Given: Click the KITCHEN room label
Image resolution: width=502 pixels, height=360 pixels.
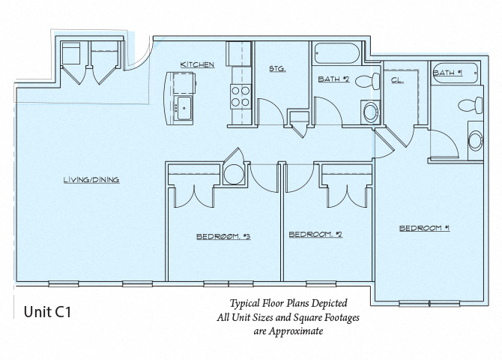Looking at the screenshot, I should point(197,64).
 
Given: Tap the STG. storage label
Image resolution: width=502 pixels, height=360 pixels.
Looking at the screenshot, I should point(277,69).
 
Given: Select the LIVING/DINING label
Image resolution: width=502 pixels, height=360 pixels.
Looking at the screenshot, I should point(92,179).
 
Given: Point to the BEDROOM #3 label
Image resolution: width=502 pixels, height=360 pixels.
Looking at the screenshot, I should point(223,236).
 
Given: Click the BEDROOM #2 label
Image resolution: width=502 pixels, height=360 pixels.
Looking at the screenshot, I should point(315,235).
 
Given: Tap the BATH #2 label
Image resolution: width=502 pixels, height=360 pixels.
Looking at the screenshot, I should point(334,78).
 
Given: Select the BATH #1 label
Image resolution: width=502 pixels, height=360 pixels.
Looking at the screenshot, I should point(447,72).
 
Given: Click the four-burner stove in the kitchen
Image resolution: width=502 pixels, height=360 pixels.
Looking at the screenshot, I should point(240,97).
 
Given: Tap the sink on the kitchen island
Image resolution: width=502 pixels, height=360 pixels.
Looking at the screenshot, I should point(182,107).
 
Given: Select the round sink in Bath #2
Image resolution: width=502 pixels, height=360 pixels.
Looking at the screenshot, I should point(369,113).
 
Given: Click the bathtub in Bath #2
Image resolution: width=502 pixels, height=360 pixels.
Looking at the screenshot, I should point(337,55).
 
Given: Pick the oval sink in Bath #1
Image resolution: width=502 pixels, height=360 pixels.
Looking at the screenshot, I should point(474,139).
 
